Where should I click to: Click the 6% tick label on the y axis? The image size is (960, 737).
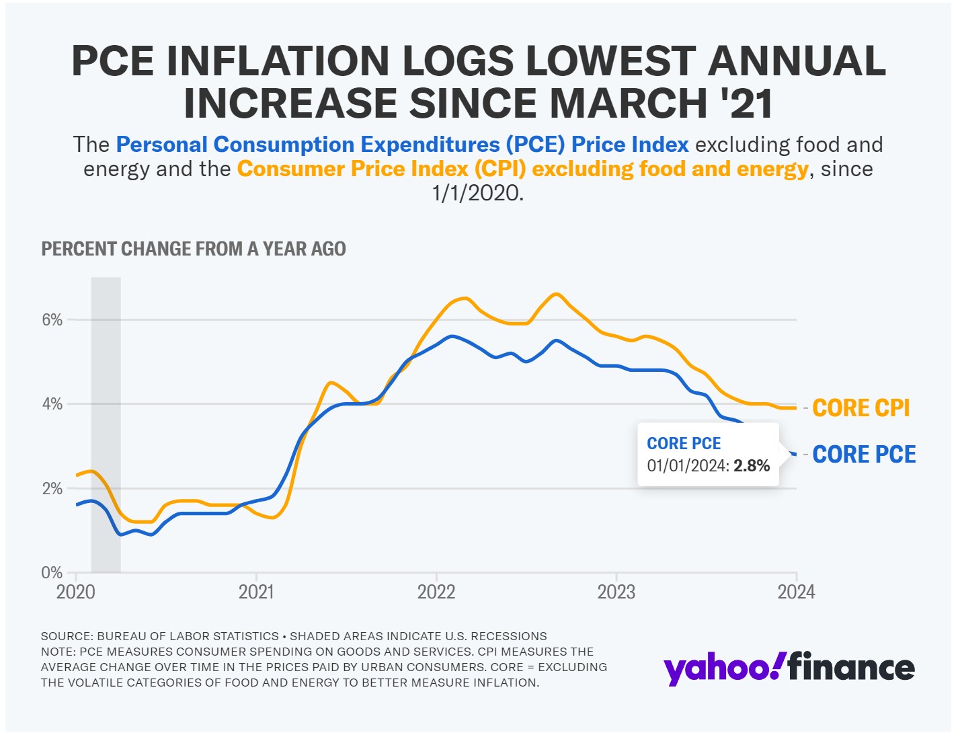click(52, 319)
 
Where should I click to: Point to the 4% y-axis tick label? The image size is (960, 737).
click(52, 404)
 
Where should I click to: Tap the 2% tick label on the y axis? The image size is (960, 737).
click(52, 489)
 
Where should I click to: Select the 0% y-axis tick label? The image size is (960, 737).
click(52, 573)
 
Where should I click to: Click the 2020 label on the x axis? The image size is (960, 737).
click(76, 592)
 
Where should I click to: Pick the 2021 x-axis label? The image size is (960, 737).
click(256, 592)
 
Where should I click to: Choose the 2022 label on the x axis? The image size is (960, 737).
click(436, 592)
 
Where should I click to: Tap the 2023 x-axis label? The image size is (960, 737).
click(616, 592)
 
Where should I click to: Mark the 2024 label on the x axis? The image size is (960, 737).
click(796, 592)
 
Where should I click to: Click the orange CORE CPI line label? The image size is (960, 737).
click(861, 408)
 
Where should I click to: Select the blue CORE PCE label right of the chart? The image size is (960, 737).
click(864, 455)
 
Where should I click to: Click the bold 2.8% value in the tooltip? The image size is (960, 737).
click(752, 466)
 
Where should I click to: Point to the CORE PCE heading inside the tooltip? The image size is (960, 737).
click(684, 444)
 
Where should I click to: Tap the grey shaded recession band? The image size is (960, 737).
click(106, 424)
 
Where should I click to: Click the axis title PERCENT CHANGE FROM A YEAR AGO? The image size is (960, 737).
click(194, 249)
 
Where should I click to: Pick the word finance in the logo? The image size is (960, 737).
click(851, 668)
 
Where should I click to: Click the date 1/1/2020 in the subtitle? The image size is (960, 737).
click(477, 194)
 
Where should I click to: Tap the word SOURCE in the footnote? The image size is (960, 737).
click(65, 636)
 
